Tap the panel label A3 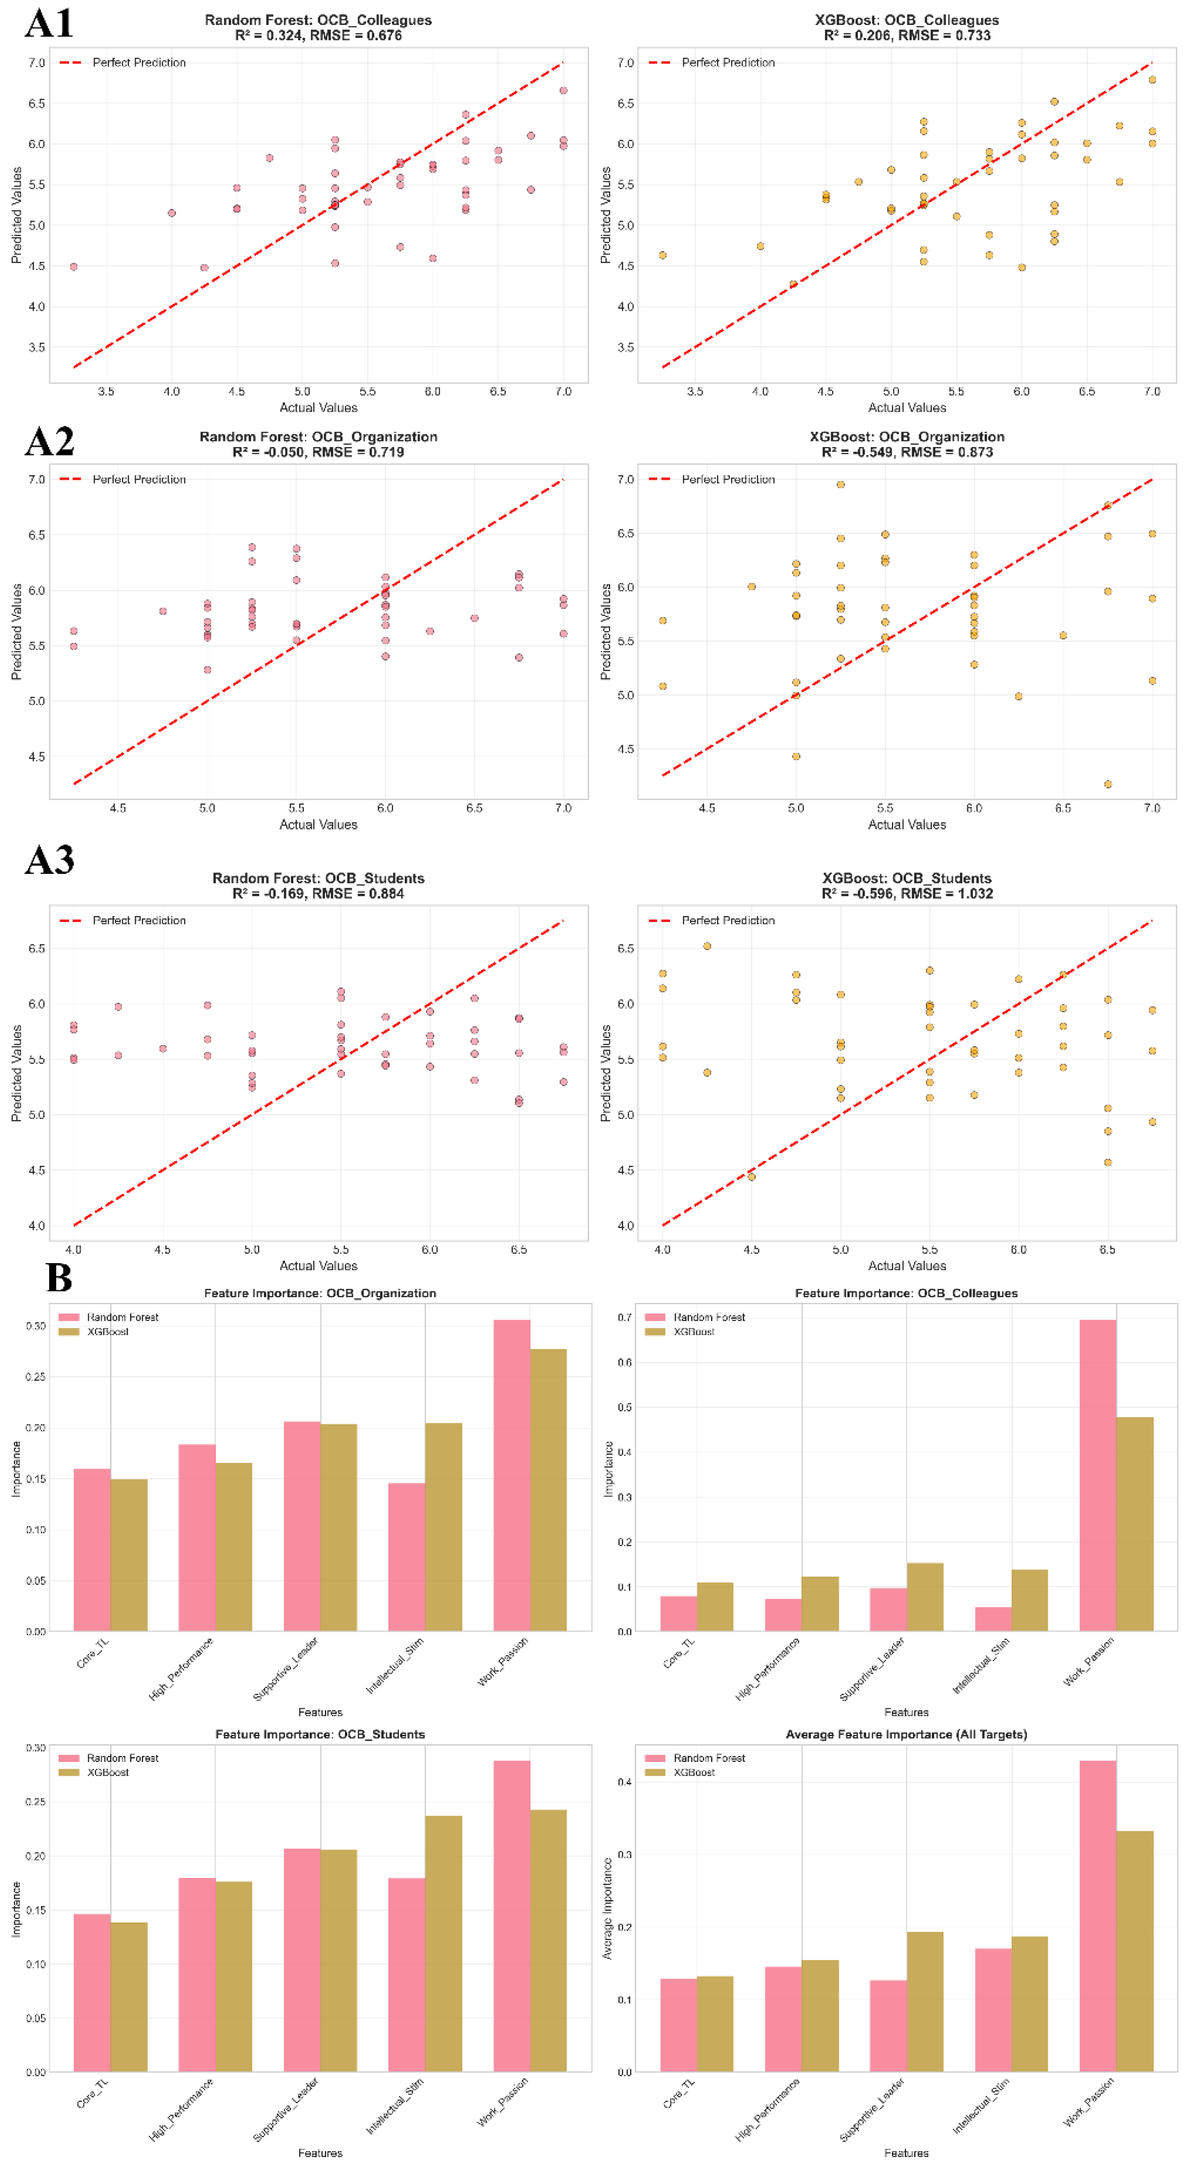pyautogui.click(x=49, y=859)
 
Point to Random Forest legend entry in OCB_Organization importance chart pyautogui.click(x=122, y=1317)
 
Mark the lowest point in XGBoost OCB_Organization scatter pyautogui.click(x=1107, y=784)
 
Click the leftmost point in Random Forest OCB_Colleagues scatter pyautogui.click(x=74, y=267)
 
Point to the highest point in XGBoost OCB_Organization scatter pyautogui.click(x=840, y=484)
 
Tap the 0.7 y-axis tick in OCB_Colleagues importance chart pyautogui.click(x=624, y=1317)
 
